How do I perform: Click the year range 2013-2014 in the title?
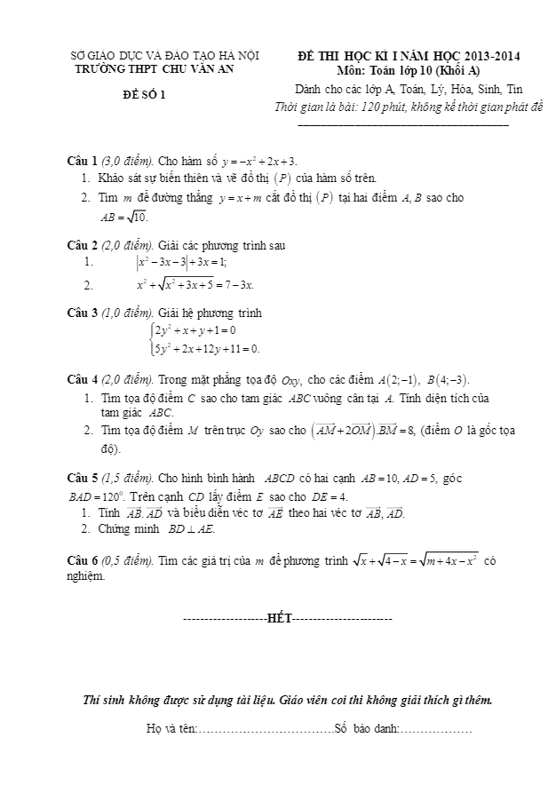pyautogui.click(x=488, y=56)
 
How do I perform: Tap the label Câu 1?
pyautogui.click(x=83, y=162)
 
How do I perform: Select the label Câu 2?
pyautogui.click(x=83, y=245)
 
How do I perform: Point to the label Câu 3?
pyautogui.click(x=83, y=313)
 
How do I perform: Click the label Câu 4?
pyautogui.click(x=83, y=380)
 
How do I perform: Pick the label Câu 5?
pyautogui.click(x=83, y=479)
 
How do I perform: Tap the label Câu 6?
pyautogui.click(x=83, y=560)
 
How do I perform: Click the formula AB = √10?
pyautogui.click(x=124, y=216)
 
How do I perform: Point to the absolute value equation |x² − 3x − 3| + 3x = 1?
pyautogui.click(x=181, y=263)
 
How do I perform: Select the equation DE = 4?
pyautogui.click(x=330, y=496)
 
